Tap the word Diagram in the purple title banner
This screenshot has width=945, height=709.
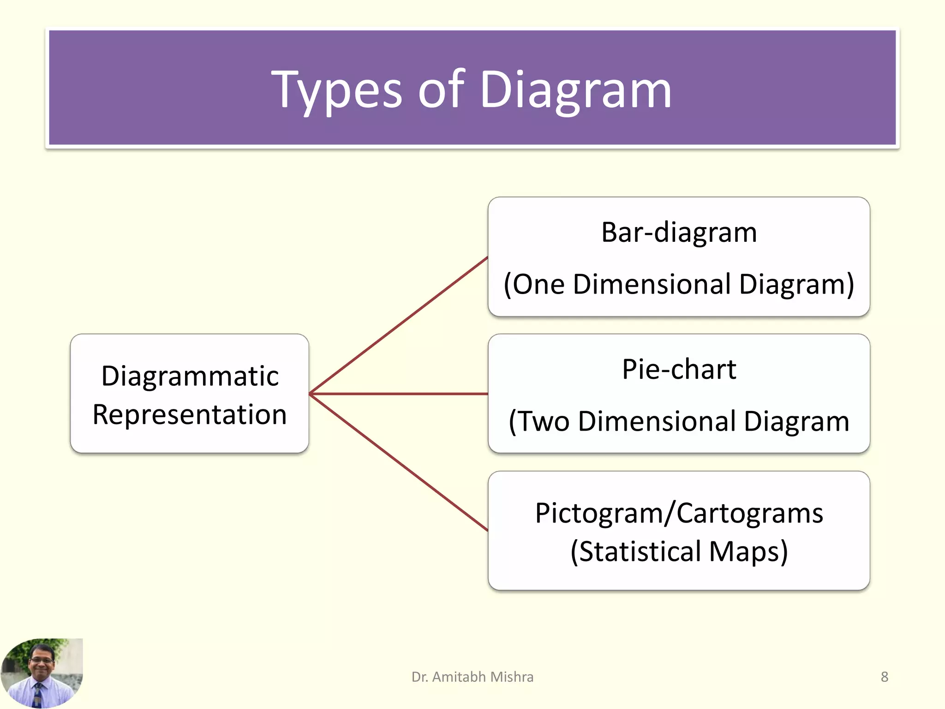point(575,90)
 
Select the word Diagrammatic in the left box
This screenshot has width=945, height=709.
point(190,376)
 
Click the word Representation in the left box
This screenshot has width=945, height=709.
point(190,414)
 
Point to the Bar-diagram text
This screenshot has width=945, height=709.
point(679,232)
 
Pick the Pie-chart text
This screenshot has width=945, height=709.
point(679,369)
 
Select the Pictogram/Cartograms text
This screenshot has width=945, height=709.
point(679,513)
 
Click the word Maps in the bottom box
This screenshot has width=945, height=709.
point(747,551)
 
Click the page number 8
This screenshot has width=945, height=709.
point(884,677)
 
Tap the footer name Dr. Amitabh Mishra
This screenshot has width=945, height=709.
point(472,677)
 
